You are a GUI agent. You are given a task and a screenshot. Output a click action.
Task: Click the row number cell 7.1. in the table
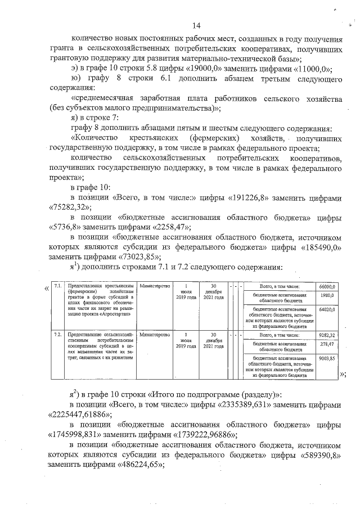57,286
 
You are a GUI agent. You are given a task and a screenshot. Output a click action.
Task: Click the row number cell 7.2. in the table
57,335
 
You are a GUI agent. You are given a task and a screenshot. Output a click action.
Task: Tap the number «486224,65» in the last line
138,465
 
